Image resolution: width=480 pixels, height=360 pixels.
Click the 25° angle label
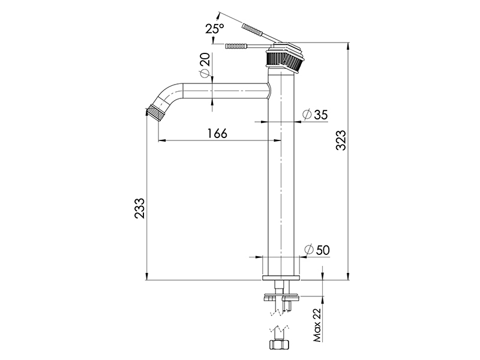click(x=215, y=28)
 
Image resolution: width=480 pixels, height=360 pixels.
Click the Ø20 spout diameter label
click(x=205, y=64)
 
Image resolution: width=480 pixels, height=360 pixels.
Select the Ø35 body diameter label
click(x=315, y=115)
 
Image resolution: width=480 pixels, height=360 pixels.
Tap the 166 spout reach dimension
click(x=217, y=133)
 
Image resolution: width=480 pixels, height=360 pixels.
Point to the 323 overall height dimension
click(x=341, y=140)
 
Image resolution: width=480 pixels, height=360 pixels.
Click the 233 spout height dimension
click(x=139, y=208)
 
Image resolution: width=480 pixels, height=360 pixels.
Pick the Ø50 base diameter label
click(x=317, y=250)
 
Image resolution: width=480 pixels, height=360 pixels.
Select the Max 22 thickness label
click(x=317, y=325)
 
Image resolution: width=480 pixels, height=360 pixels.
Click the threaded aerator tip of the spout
click(x=154, y=113)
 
